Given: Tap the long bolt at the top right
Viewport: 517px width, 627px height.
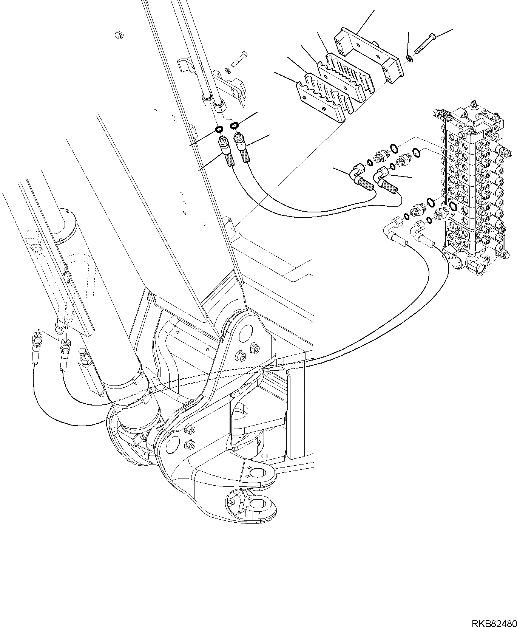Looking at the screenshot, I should (x=426, y=43).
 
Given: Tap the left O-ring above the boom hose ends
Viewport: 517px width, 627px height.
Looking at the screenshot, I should (x=218, y=130).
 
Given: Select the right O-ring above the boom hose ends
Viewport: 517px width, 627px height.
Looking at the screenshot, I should (x=235, y=125).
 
